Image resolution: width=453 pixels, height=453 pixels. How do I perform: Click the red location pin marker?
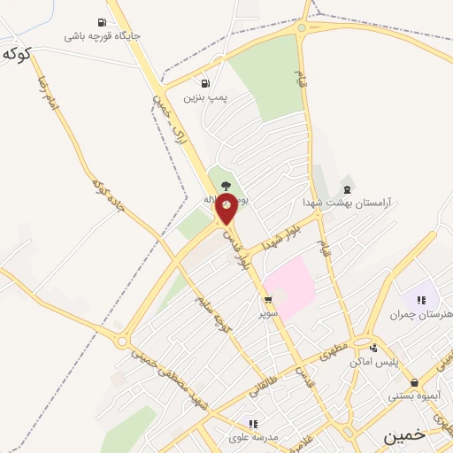point(227,206)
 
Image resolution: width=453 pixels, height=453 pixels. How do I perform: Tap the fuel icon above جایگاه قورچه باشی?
point(102,23)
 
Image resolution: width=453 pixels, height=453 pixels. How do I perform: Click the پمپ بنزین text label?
point(206,96)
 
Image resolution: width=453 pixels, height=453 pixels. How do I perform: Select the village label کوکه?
point(17,53)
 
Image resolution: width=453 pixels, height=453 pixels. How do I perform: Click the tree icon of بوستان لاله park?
point(226,186)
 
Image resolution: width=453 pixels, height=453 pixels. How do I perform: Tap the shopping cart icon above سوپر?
point(268,301)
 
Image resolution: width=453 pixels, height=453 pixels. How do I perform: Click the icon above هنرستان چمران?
point(422,301)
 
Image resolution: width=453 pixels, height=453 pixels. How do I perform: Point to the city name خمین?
point(404,436)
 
